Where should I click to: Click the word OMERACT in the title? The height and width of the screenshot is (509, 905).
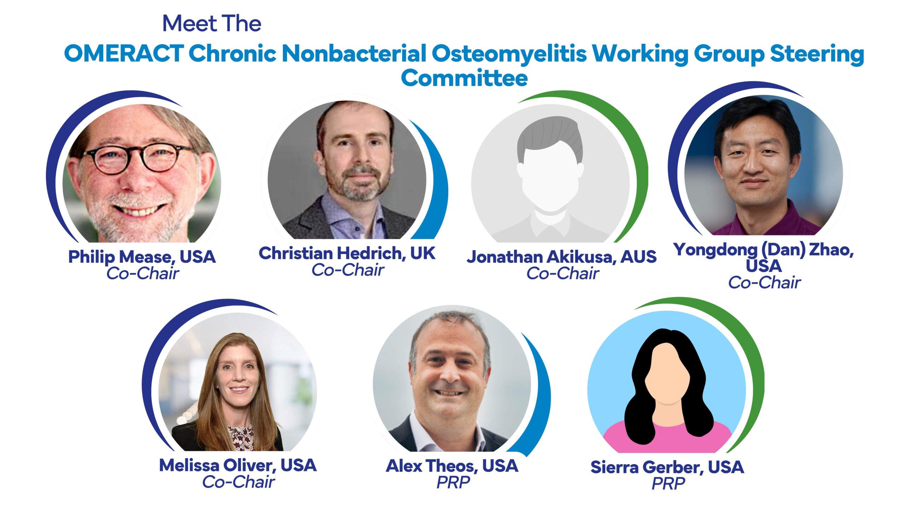click(124, 54)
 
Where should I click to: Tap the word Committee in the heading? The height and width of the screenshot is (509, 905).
click(464, 78)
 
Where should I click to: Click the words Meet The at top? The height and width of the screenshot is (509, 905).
click(211, 23)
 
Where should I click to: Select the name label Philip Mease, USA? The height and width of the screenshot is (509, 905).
click(142, 257)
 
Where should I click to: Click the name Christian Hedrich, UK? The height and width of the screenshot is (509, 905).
click(347, 253)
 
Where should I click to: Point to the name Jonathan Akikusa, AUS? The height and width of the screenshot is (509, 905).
click(561, 257)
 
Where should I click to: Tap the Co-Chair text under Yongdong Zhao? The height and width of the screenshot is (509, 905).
click(764, 282)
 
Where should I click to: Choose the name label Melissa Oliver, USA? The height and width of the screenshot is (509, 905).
click(238, 465)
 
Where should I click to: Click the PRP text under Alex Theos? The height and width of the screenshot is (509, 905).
click(453, 482)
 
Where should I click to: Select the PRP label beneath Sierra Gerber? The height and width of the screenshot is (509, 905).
click(668, 484)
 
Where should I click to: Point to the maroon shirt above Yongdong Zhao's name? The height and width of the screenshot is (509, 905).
click(767, 221)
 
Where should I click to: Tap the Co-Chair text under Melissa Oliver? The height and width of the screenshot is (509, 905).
click(238, 482)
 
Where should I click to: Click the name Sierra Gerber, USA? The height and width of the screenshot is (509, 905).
click(667, 467)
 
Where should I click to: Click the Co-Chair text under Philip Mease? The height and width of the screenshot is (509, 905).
click(143, 273)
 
